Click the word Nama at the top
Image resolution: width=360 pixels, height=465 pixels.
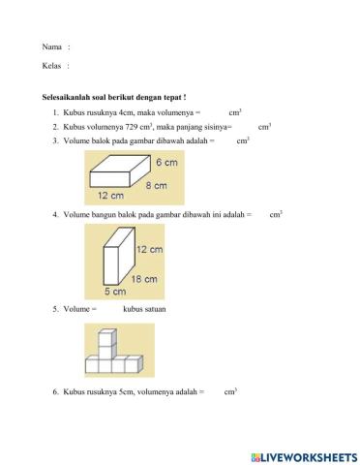pyautogui.click(x=51, y=46)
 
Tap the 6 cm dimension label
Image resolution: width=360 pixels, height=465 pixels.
pyautogui.click(x=165, y=164)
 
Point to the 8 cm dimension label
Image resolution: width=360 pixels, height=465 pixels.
pyautogui.click(x=156, y=184)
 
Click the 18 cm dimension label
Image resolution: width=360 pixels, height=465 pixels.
pyautogui.click(x=143, y=279)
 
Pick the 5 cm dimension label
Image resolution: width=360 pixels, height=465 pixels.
pyautogui.click(x=113, y=291)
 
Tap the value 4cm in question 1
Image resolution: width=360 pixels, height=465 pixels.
pyautogui.click(x=125, y=113)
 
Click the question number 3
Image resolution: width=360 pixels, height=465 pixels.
pyautogui.click(x=56, y=140)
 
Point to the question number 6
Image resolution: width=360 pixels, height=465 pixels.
pyautogui.click(x=56, y=392)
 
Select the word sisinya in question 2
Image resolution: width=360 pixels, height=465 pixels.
pyautogui.click(x=214, y=127)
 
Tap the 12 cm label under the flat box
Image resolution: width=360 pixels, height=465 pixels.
pyautogui.click(x=109, y=196)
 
